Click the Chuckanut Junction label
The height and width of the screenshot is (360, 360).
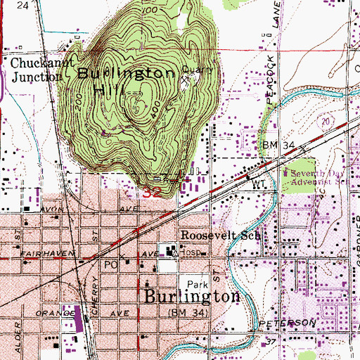[x=34, y=69]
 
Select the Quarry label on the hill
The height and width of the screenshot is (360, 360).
[x=191, y=69]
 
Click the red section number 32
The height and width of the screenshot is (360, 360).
[x=152, y=191]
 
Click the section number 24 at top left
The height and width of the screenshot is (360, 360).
[x=23, y=5]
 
